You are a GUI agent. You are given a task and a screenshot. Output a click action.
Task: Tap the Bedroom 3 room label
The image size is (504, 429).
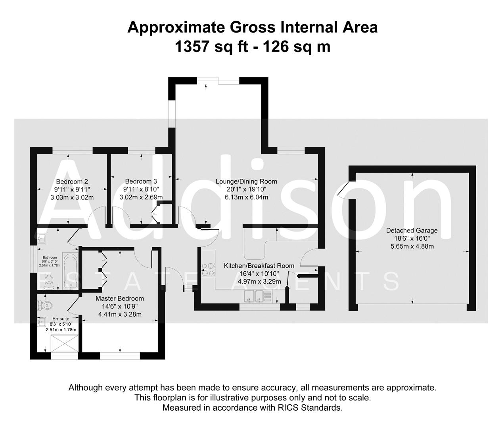tap(141, 182)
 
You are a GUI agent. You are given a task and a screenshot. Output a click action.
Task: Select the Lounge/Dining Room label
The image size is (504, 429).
tap(246, 182)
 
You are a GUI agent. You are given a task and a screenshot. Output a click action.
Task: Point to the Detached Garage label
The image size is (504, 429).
tap(412, 230)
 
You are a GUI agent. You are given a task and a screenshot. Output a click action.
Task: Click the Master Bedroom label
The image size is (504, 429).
tap(120, 298)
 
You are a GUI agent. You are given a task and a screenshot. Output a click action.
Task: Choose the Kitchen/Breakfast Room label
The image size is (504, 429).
tap(259, 266)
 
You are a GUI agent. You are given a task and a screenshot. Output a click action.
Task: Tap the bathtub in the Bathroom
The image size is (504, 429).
tap(70, 271)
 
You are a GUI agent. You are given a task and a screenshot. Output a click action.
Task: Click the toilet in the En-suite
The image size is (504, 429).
tap(45, 305)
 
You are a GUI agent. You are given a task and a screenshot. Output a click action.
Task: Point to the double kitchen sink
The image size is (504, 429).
tap(254, 296)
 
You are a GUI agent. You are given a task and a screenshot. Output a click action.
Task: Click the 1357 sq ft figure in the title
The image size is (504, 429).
tap(211, 47)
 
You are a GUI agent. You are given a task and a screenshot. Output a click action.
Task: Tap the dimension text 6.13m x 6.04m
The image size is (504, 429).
tap(246, 197)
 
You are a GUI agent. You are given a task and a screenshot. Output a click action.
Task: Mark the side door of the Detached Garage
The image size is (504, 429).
tap(343, 189)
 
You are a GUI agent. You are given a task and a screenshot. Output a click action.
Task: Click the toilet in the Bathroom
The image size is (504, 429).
tap(48, 281)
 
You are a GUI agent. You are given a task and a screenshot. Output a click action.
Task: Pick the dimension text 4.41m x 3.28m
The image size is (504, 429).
tap(120, 314)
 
